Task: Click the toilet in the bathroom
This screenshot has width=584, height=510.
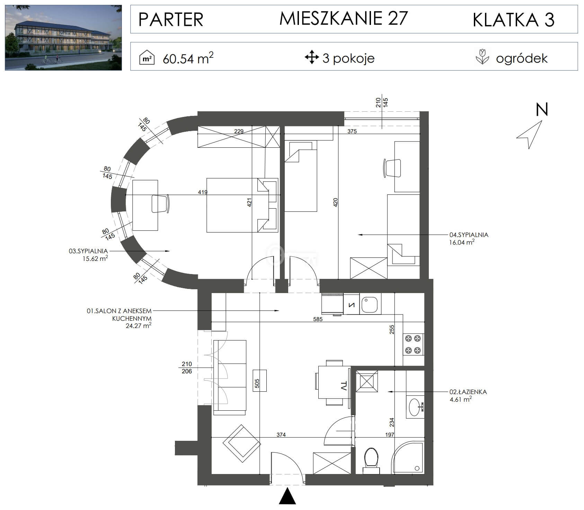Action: [x=371, y=461]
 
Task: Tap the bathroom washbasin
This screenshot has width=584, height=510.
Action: [x=415, y=407]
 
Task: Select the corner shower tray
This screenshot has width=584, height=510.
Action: [x=407, y=457]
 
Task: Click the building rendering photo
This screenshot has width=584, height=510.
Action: [x=63, y=38]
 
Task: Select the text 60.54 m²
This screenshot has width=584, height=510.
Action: [x=188, y=58]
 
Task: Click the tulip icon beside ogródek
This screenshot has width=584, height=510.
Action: [x=482, y=57]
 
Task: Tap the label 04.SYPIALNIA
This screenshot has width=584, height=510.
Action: [x=469, y=235]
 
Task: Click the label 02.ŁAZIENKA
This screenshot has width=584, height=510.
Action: [x=468, y=392]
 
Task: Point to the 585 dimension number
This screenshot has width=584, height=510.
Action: [x=318, y=319]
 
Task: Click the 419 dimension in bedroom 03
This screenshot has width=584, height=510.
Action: [x=203, y=192]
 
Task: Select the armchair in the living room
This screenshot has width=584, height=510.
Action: [x=242, y=443]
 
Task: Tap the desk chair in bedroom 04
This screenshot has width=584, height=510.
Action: [x=392, y=168]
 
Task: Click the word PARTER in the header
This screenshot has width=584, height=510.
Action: [x=171, y=19]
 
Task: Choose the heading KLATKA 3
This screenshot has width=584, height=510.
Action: [x=514, y=19]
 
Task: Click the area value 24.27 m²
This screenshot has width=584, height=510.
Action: [x=139, y=326]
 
